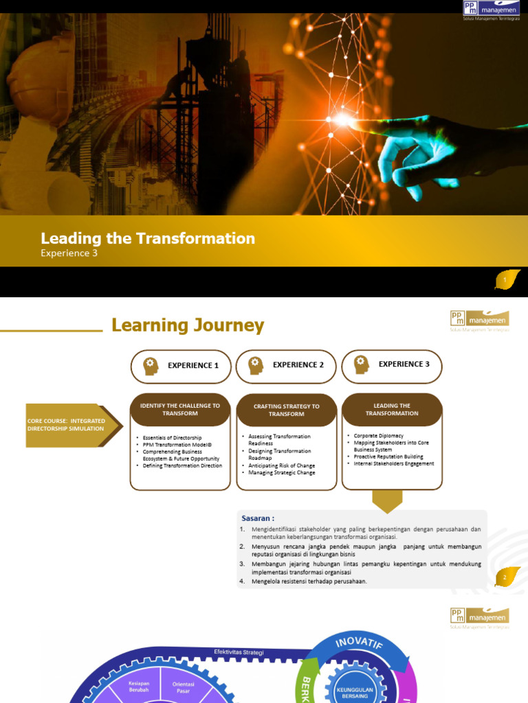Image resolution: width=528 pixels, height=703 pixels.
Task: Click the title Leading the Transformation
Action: (x=148, y=238)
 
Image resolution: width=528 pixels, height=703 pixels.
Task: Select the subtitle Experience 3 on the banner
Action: (x=69, y=253)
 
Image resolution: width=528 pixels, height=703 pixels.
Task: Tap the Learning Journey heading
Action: (x=188, y=325)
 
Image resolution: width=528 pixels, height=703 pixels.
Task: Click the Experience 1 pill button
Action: (x=181, y=366)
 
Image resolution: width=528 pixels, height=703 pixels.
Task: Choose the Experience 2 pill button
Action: (x=286, y=365)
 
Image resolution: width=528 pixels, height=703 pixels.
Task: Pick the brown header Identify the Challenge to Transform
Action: (x=180, y=409)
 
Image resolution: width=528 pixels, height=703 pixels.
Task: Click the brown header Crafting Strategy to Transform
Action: (x=286, y=410)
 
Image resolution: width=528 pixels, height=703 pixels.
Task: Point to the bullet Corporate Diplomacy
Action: (x=379, y=436)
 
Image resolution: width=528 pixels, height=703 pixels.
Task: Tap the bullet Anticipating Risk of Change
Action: (x=281, y=465)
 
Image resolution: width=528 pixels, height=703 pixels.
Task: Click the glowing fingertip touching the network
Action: (x=344, y=120)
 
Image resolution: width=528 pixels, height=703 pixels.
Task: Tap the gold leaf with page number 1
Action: (x=507, y=280)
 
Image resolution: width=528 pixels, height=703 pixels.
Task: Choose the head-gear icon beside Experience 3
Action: (x=361, y=365)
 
